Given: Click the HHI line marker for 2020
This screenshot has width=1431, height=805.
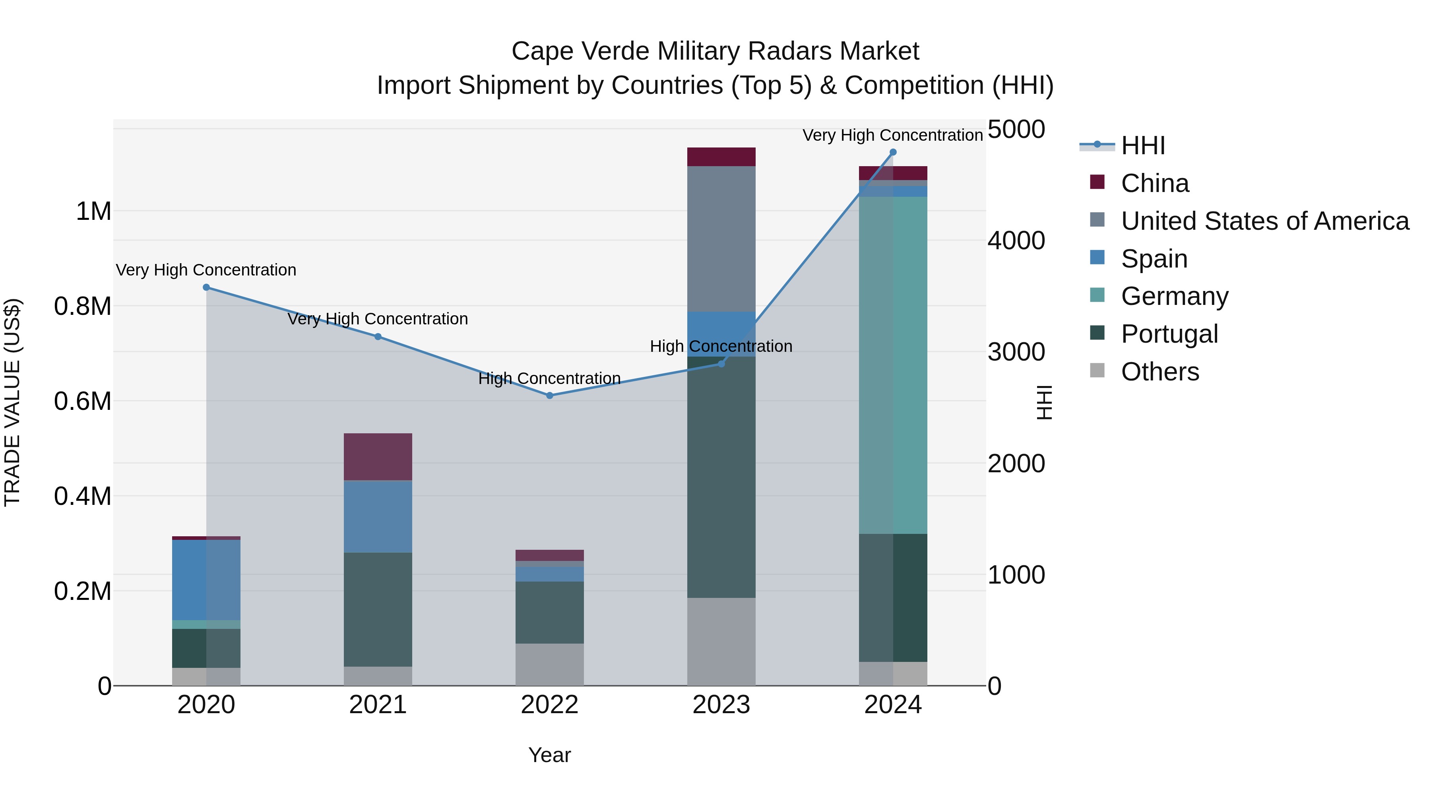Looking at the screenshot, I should pos(206,287).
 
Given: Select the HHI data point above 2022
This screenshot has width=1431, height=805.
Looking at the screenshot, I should pos(549,396).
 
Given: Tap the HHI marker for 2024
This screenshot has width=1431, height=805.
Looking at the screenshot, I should pos(893,152).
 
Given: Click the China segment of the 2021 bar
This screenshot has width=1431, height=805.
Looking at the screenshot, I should pos(378,457).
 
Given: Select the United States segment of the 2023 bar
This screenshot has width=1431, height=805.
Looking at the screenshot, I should pos(721,239).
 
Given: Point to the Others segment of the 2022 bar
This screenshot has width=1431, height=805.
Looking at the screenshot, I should pos(549,664).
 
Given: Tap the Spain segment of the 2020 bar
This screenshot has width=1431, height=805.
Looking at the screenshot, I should pos(206,580).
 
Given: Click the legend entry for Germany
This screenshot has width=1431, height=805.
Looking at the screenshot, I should pos(1174,296).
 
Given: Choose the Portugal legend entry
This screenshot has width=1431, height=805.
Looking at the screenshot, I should pos(1169,334).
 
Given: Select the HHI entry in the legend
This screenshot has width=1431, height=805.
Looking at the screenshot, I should pos(1142,145).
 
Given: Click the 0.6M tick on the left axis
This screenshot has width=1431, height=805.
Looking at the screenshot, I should pos(83,401).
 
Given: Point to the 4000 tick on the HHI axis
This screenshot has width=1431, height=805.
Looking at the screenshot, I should pos(1016,241).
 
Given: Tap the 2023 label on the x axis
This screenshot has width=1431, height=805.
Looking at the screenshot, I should pos(721,705).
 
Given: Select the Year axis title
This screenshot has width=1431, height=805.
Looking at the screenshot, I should pos(549,755).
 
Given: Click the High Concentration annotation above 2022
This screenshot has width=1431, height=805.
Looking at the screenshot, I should pos(549,378).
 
